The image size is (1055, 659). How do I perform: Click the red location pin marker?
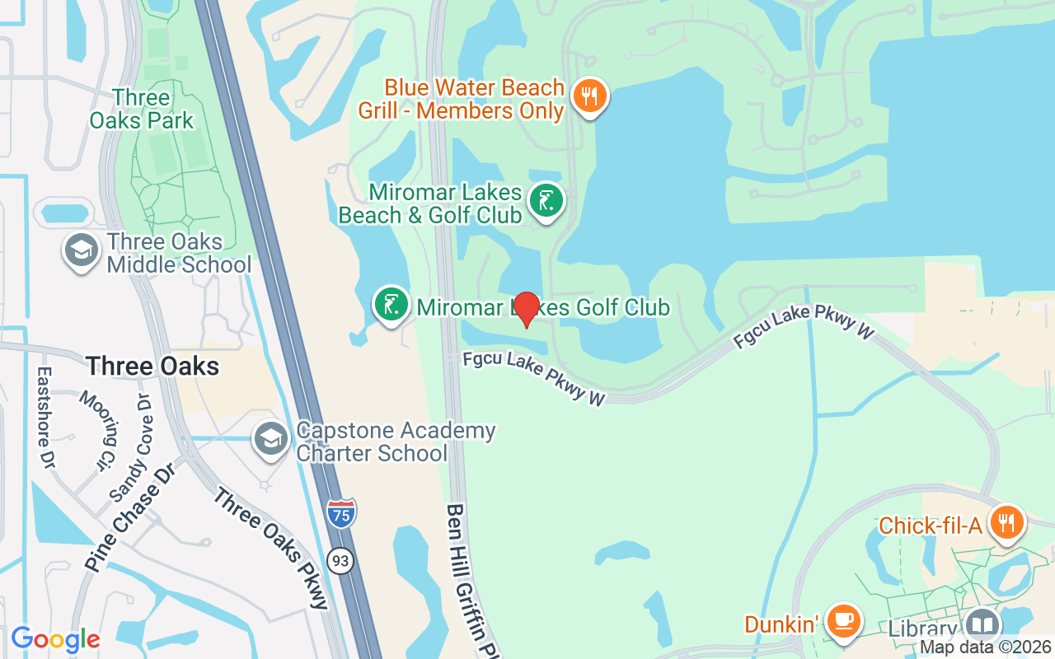(x=527, y=310)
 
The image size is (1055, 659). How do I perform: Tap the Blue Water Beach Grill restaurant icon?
(x=588, y=96)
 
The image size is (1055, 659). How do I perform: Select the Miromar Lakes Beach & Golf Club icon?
(x=546, y=200)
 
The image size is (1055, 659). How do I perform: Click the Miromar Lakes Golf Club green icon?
(x=392, y=304)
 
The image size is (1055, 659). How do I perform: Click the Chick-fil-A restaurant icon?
(x=1006, y=522)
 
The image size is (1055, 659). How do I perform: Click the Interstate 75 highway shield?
(x=341, y=513)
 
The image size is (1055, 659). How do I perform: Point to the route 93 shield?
(x=340, y=561)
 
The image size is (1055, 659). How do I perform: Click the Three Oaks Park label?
(x=142, y=109)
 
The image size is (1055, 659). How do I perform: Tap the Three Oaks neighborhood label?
(x=152, y=366)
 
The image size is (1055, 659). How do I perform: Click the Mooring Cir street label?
(x=99, y=430)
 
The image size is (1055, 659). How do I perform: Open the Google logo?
(x=55, y=638)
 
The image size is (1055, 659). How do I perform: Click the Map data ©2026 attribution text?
(x=986, y=647)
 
